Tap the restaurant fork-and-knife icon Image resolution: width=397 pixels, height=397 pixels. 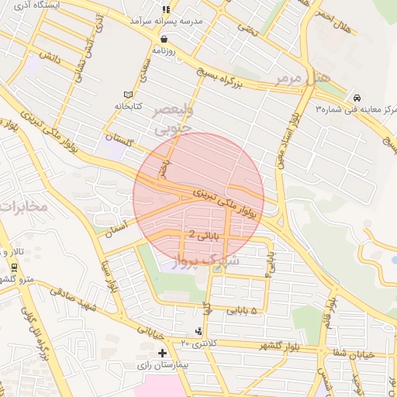[164, 9]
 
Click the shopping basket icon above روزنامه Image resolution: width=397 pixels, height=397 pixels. [164, 38]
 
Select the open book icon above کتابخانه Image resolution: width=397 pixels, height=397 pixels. [128, 94]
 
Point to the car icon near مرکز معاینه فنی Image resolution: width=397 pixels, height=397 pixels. [356, 98]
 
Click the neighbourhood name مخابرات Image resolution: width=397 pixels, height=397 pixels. [23, 206]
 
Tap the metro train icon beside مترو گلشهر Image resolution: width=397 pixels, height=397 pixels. [14, 267]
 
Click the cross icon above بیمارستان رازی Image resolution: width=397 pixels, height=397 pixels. [161, 353]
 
